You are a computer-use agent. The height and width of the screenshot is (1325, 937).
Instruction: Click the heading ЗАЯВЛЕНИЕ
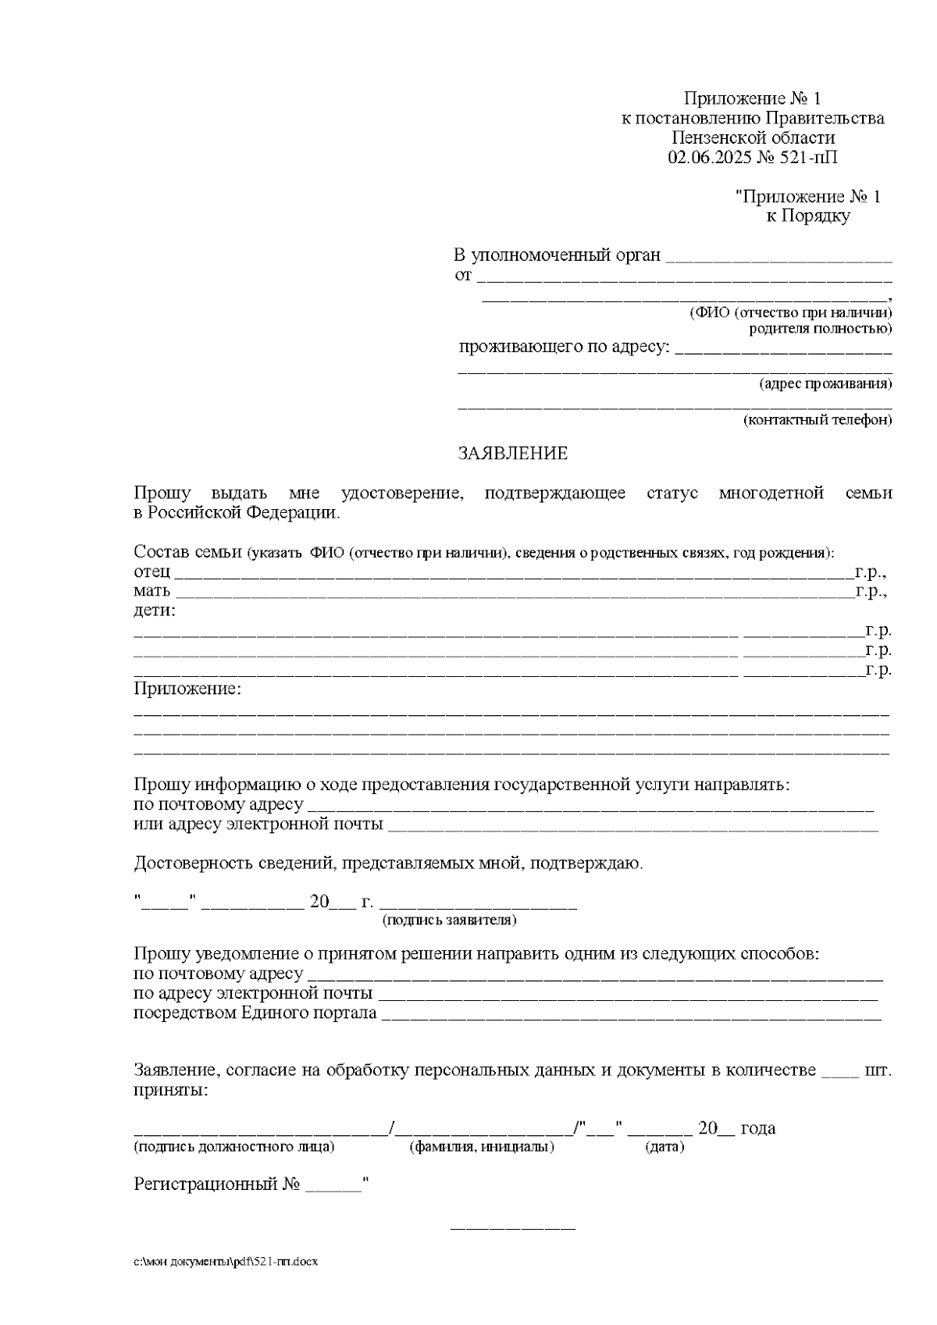[512, 454]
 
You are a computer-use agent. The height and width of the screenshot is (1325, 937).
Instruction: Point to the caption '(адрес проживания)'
[825, 384]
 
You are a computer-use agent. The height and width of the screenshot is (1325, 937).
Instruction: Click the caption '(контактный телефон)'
[817, 420]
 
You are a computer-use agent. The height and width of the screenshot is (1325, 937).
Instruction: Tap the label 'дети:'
[155, 611]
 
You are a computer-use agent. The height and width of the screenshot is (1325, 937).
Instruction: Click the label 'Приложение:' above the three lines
[187, 689]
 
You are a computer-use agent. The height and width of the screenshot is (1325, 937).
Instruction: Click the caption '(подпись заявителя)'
[449, 920]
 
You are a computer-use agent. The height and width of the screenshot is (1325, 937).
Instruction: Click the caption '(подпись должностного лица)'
[234, 1147]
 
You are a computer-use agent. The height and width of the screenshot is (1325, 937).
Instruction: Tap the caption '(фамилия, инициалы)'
[482, 1147]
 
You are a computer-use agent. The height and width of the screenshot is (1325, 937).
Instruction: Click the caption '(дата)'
[664, 1147]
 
